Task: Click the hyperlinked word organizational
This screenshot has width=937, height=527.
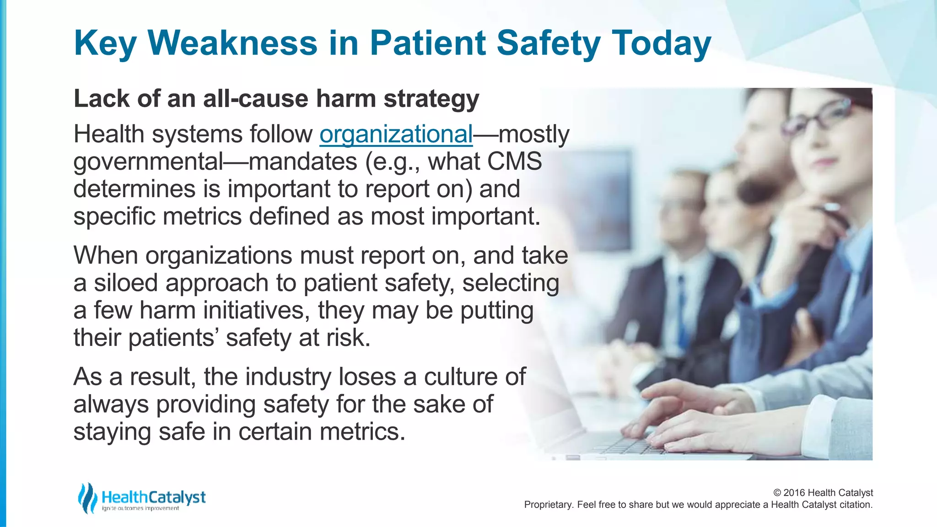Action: click(x=396, y=134)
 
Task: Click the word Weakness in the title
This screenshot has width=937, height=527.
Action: click(x=232, y=43)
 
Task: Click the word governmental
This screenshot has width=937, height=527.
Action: click(x=148, y=162)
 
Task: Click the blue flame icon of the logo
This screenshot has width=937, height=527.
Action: click(x=87, y=498)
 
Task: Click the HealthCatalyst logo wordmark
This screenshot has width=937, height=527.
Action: click(x=154, y=497)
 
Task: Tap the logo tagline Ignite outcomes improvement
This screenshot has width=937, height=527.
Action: click(x=140, y=509)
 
